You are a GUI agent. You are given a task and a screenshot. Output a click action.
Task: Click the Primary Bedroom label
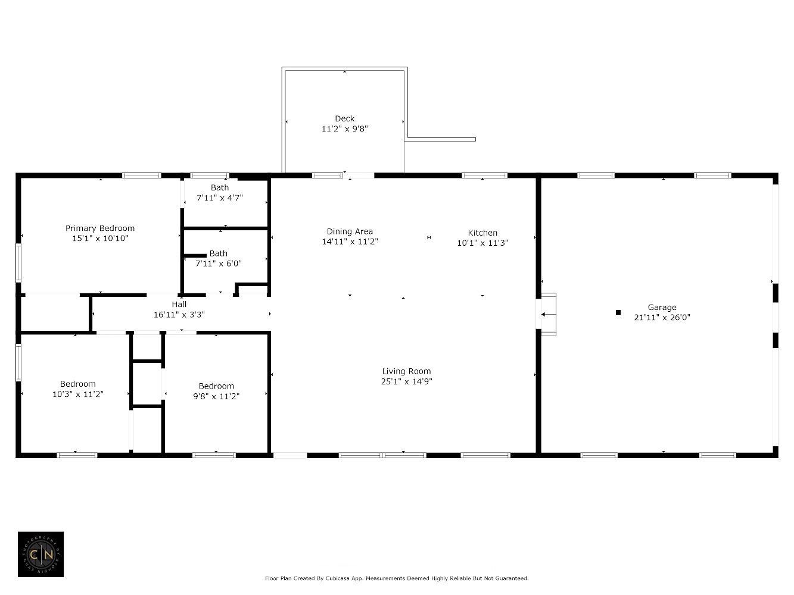coord(99,228)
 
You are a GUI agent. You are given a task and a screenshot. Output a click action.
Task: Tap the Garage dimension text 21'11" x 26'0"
coord(662,317)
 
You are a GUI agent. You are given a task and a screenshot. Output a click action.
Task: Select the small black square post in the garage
coord(618,312)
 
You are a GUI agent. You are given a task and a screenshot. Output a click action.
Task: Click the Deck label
coord(344,118)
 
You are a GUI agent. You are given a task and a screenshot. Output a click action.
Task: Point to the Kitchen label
coord(482,233)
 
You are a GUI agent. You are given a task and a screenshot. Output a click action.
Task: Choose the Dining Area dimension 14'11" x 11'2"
coord(350,242)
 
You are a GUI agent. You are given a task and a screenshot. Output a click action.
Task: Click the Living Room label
coord(406,371)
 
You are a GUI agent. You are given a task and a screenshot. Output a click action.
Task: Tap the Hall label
coord(179,304)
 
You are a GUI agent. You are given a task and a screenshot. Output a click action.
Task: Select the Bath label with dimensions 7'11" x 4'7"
coord(219,188)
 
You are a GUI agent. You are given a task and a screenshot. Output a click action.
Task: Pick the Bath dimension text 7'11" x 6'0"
coord(218,263)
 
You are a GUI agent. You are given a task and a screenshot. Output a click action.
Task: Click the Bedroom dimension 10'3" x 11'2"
coord(77,394)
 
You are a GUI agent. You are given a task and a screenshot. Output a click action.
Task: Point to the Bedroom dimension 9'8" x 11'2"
coord(216,396)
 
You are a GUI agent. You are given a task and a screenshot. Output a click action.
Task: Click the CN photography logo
coord(41,554)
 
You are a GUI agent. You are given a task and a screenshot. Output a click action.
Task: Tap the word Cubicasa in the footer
coord(338,578)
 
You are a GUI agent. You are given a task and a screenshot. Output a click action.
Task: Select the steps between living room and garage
coord(548,314)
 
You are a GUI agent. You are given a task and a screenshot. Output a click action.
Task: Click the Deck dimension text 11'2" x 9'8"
coord(344,129)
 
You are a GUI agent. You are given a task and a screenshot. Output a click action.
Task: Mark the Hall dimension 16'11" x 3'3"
coord(179,314)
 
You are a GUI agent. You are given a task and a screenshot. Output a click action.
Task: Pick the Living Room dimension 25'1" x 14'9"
coord(406,381)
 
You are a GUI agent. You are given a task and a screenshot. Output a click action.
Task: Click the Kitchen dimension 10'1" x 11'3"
coord(482,243)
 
